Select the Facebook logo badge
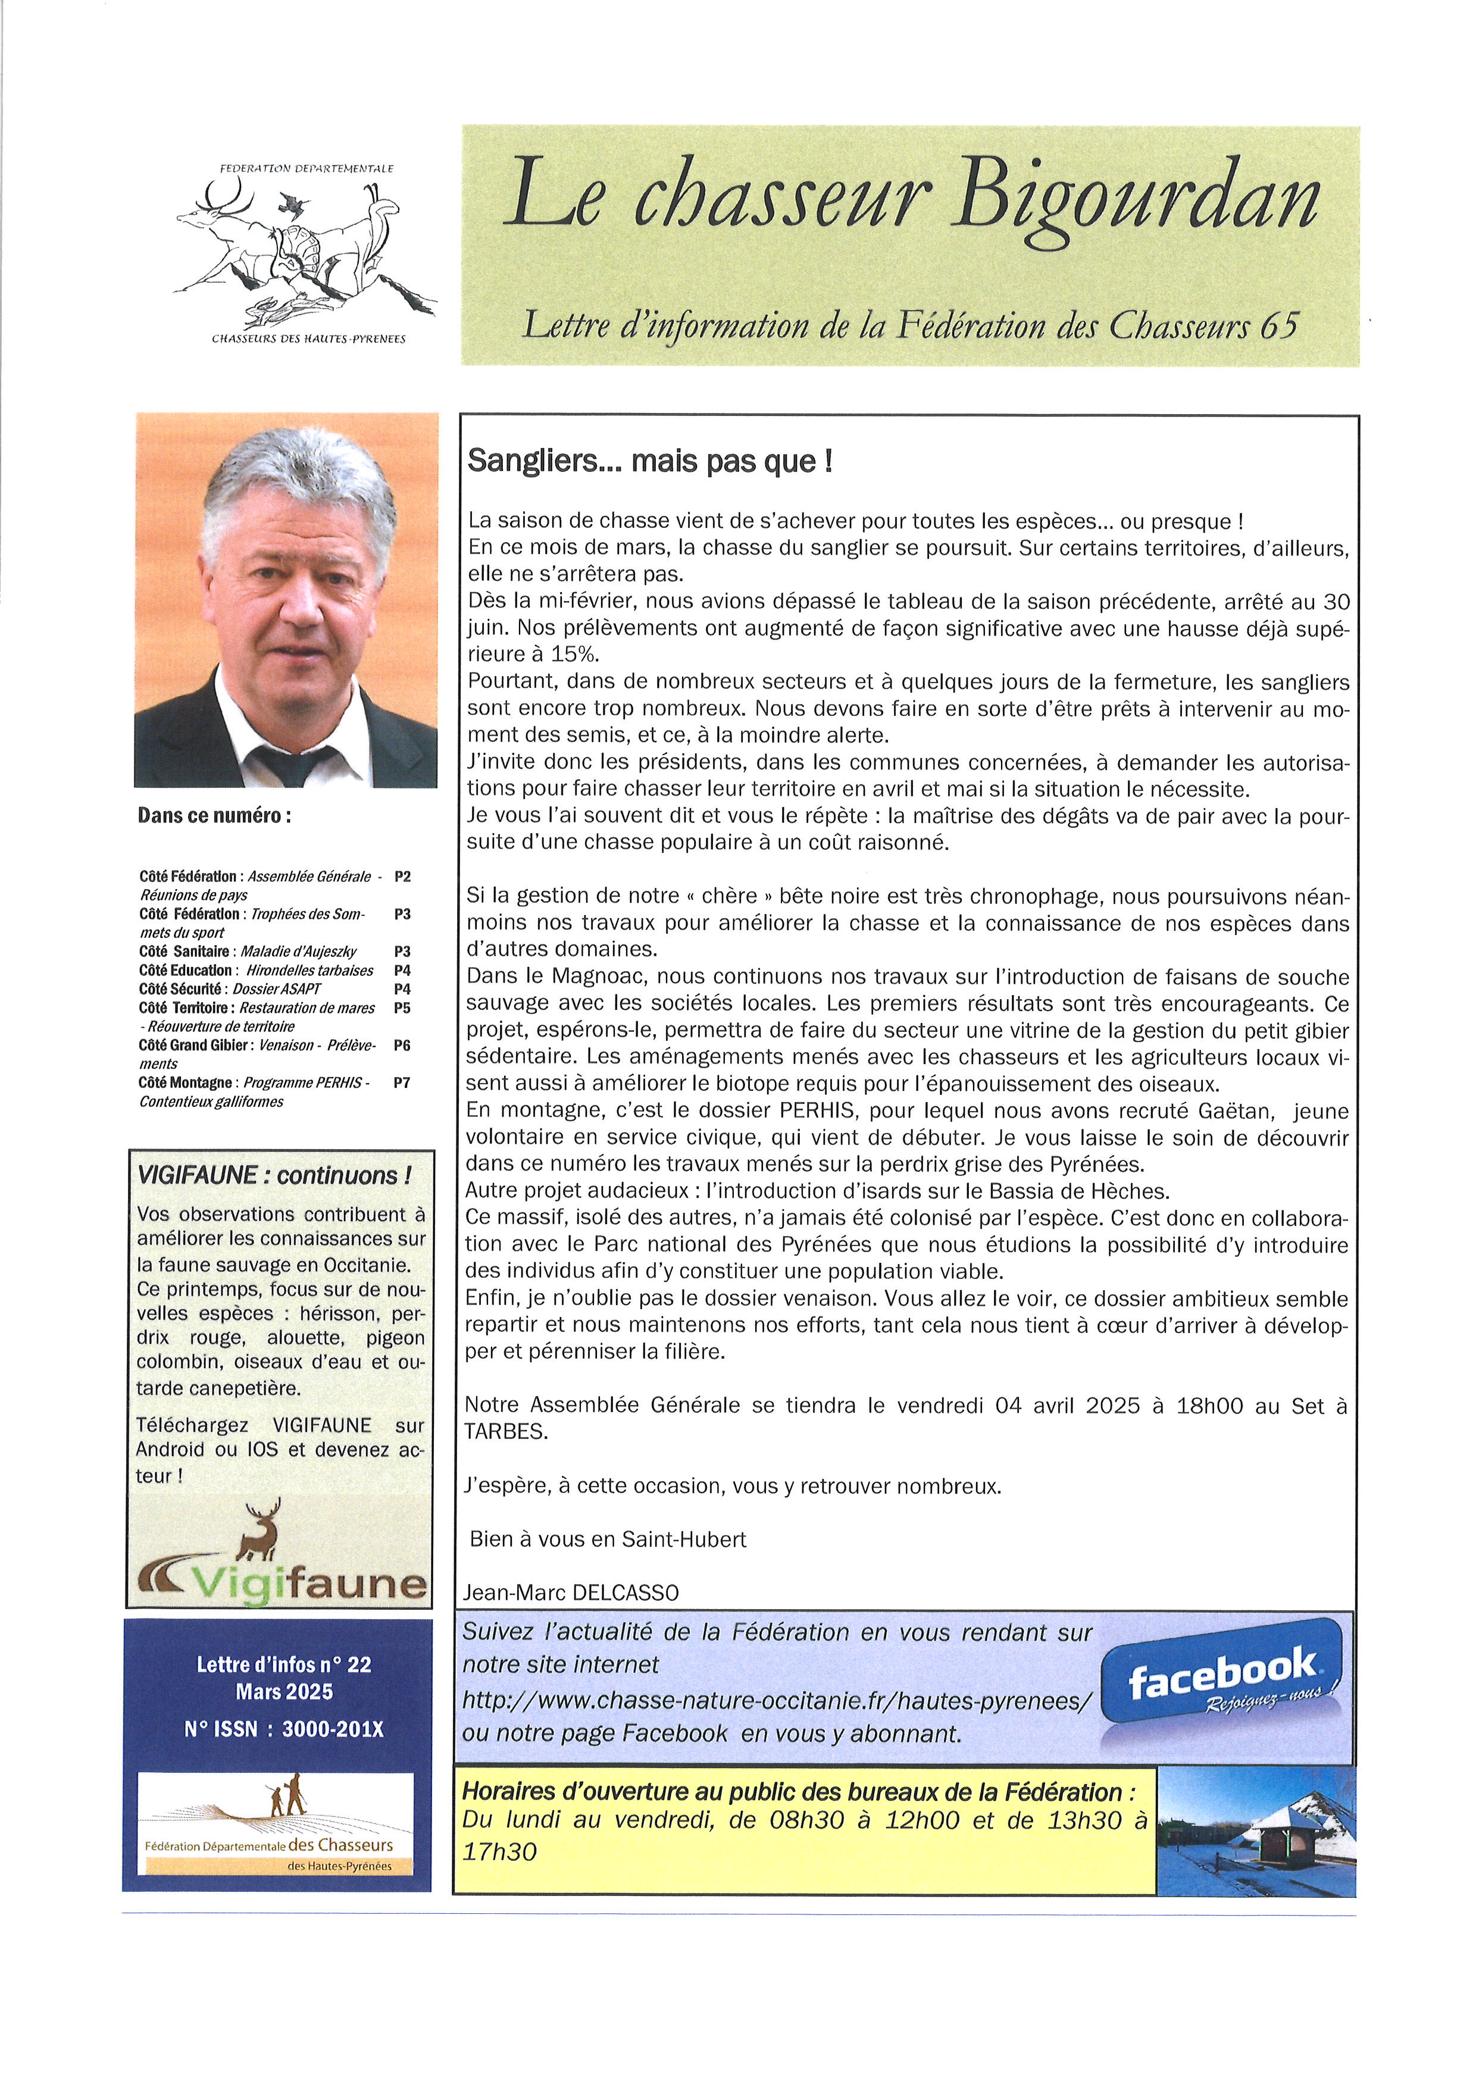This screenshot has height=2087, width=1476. pyautogui.click(x=1222, y=1684)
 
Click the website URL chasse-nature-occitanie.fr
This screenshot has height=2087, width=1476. pyautogui.click(x=775, y=1700)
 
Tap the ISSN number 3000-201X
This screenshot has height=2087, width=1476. pyautogui.click(x=333, y=1729)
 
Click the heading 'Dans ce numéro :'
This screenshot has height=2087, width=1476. pyautogui.click(x=214, y=815)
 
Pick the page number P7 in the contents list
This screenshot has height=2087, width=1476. pyautogui.click(x=402, y=1082)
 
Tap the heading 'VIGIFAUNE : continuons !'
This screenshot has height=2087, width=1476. pyautogui.click(x=274, y=1175)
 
